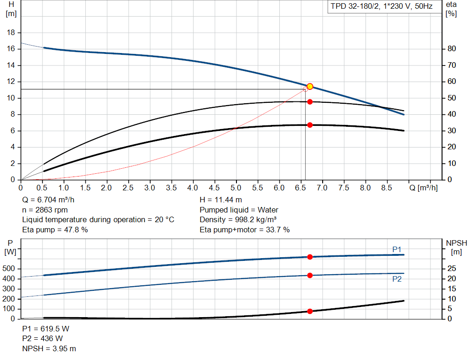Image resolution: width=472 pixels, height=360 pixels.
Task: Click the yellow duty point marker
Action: [310, 87]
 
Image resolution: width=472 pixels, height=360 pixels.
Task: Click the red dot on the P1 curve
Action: [310, 257]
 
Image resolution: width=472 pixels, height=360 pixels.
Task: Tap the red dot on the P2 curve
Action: [310, 275]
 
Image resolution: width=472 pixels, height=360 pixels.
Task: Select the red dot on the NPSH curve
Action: [310, 311]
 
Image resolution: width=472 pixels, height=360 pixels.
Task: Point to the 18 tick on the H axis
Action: [12, 33]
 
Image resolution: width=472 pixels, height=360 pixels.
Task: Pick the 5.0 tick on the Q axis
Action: [236, 188]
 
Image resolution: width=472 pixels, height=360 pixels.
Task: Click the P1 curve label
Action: [397, 249]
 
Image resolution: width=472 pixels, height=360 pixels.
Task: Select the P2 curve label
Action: [397, 279]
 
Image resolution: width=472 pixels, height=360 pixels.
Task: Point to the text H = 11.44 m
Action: [221, 200]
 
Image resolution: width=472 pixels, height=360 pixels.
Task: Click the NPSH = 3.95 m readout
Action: [49, 348]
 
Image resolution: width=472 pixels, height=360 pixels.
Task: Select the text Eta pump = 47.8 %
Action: [55, 230]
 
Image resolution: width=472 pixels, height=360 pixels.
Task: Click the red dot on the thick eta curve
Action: [310, 125]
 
